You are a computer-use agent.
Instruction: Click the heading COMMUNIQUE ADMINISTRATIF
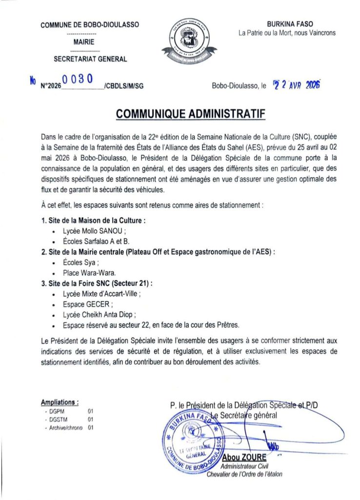pyautogui.click(x=190, y=114)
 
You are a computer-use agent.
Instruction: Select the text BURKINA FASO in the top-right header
pyautogui.click(x=290, y=24)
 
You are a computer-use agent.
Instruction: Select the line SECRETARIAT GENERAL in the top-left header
pyautogui.click(x=90, y=60)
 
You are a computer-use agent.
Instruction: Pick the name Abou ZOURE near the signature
pyautogui.click(x=244, y=458)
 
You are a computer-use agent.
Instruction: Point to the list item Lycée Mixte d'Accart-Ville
pyautogui.click(x=101, y=294)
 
